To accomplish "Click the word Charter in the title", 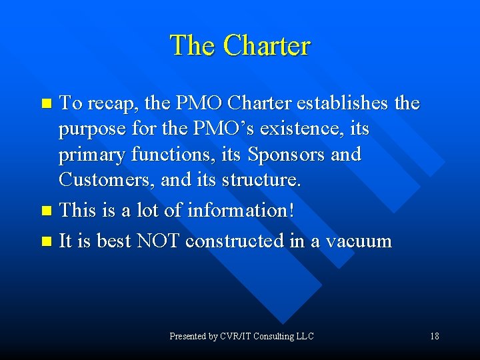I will [267, 45].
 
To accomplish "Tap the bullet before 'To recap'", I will [46, 104].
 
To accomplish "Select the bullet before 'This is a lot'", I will [46, 211].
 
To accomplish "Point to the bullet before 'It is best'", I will [46, 241].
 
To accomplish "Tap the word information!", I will [240, 210].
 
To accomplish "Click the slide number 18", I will [434, 336].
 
